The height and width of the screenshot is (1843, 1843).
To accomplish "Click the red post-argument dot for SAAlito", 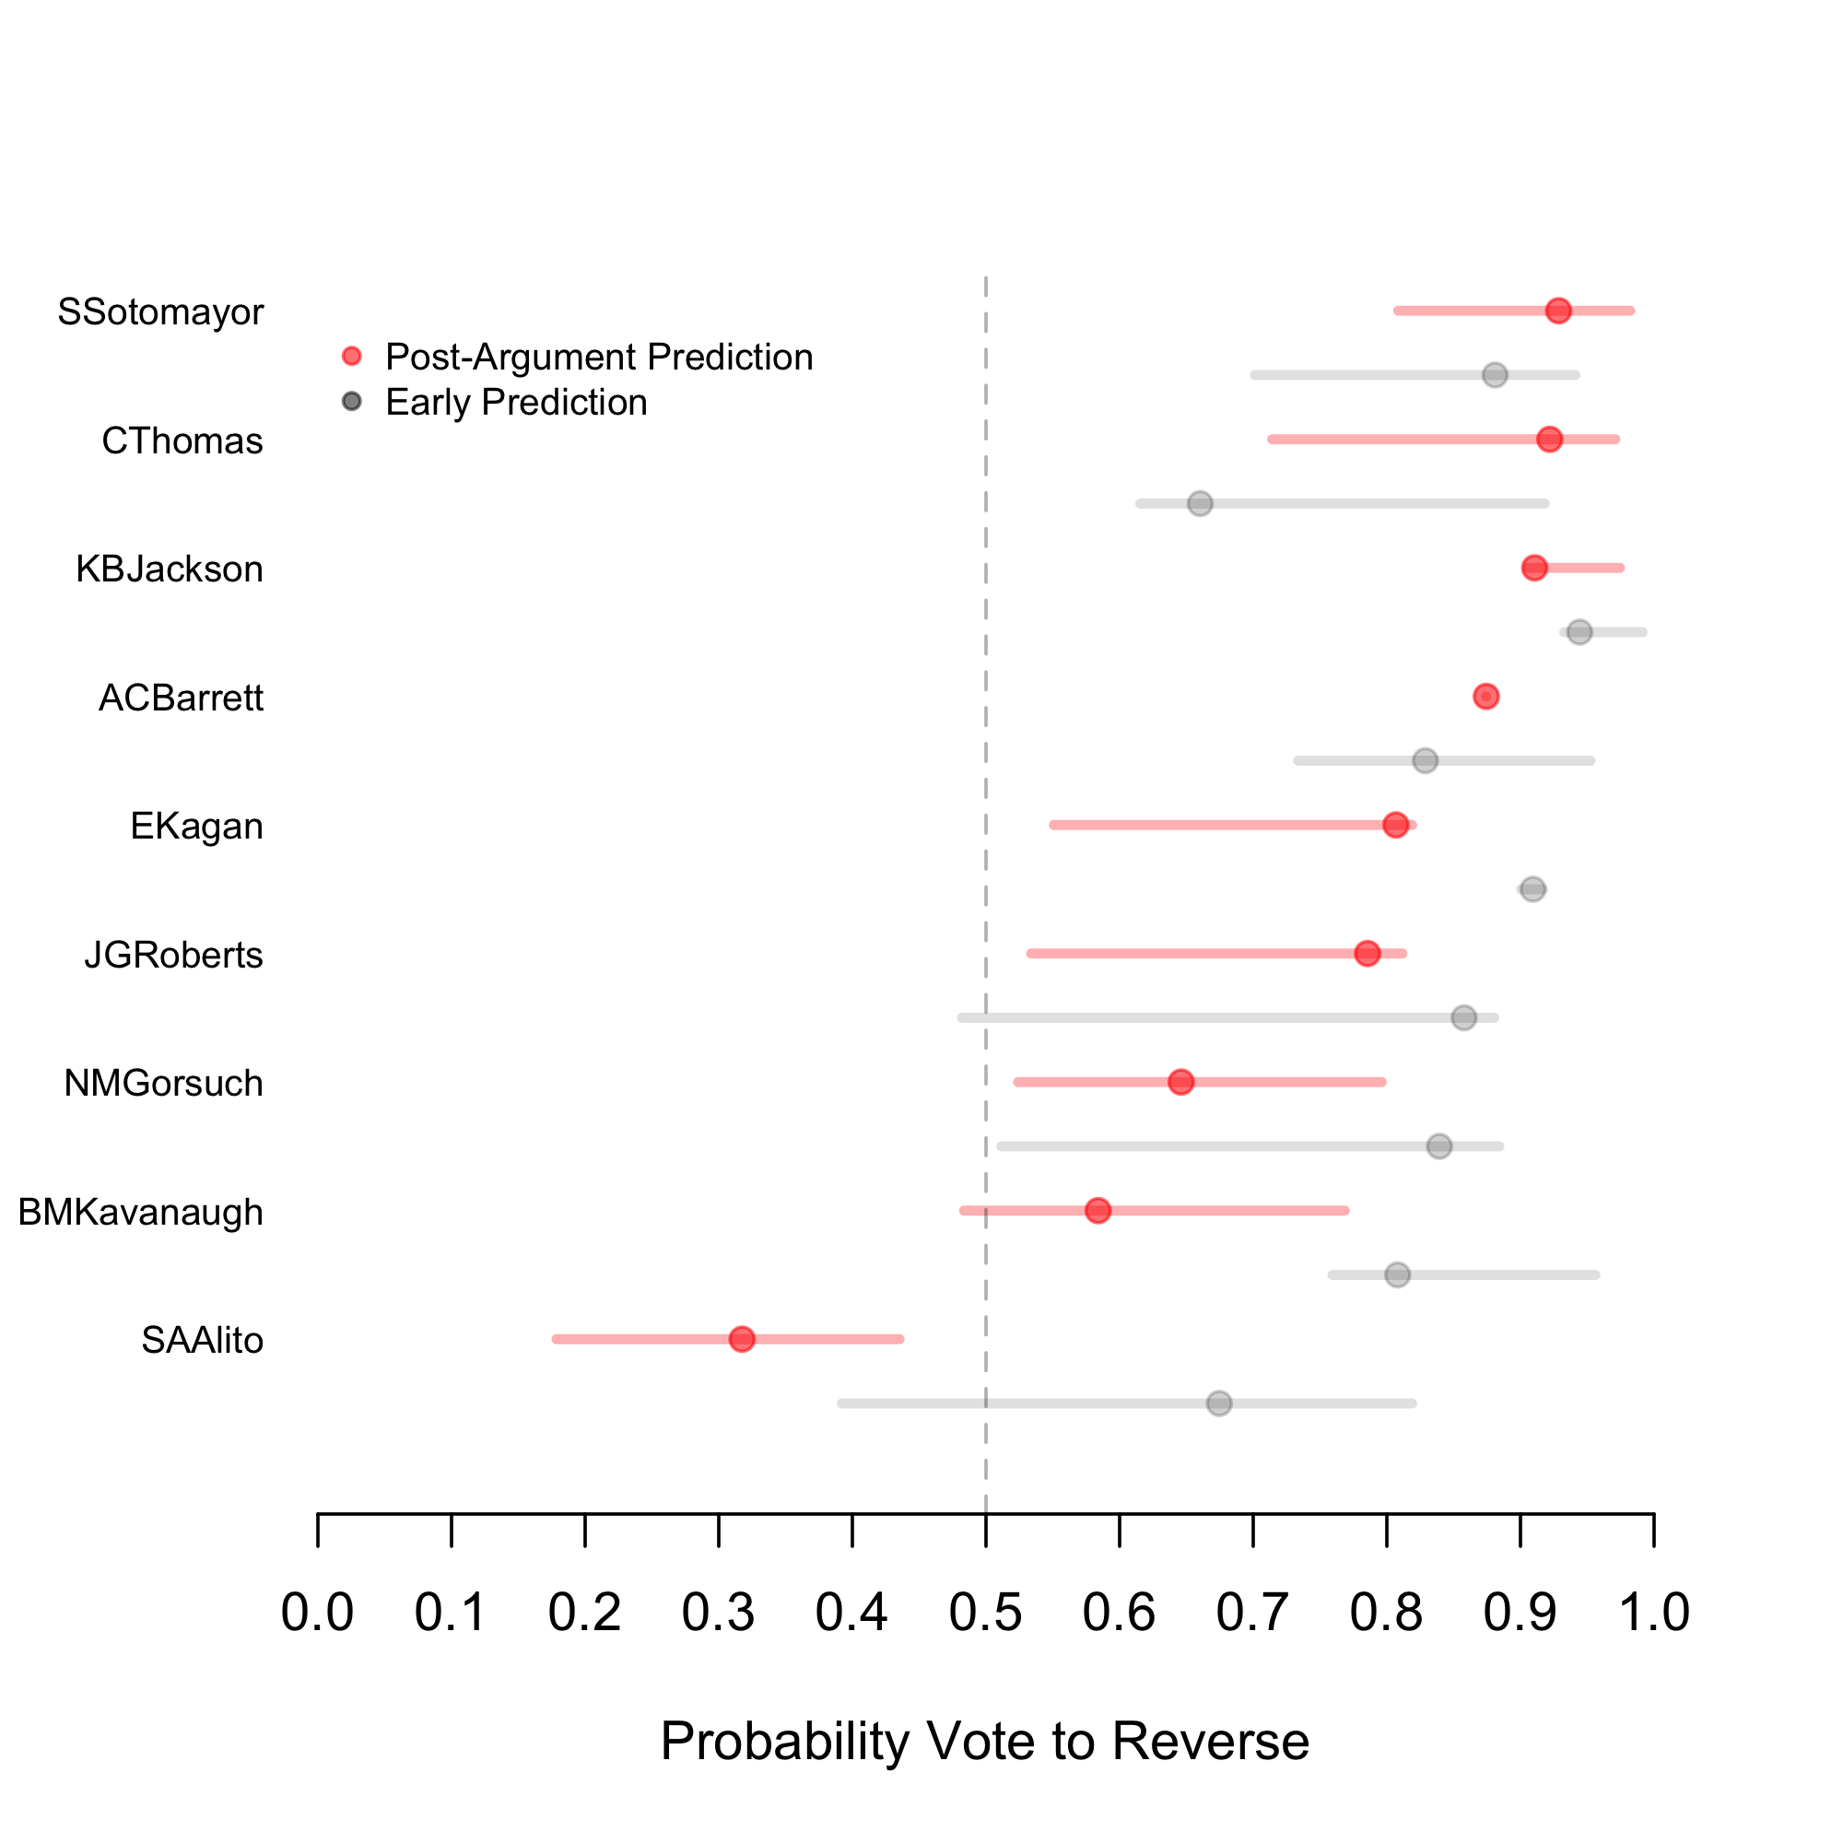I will [741, 1339].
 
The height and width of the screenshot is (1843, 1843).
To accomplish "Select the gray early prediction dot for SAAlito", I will [1219, 1403].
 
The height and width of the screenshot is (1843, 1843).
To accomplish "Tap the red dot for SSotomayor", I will [1557, 311].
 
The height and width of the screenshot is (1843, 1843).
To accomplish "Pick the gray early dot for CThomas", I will [1200, 503].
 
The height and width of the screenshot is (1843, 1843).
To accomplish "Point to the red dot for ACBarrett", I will [1485, 697].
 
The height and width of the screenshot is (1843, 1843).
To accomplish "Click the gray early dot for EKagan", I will [1532, 889].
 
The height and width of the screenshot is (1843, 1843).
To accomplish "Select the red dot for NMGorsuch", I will [1181, 1082].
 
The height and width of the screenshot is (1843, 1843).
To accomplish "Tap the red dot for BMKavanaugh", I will [1098, 1211].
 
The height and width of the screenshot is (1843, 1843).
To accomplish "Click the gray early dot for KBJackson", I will [1579, 631].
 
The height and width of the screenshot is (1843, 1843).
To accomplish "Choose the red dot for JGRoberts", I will [1367, 953].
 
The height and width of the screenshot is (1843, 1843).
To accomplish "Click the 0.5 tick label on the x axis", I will [985, 1612].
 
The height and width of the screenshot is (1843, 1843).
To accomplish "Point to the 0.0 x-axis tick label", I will [318, 1612].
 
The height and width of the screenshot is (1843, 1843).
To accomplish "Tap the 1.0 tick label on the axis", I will [1654, 1612].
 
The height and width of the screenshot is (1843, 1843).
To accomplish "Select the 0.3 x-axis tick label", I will [719, 1612].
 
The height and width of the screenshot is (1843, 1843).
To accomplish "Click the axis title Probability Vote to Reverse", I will [984, 1741].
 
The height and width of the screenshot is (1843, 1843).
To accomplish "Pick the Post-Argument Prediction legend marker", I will [352, 356].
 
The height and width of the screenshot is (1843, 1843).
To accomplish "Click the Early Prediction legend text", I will [516, 403].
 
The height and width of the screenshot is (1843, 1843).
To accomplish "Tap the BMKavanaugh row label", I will [140, 1213].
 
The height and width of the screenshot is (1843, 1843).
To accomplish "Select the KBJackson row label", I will [169, 569].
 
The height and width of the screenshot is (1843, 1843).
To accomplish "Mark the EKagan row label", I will [196, 826].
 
